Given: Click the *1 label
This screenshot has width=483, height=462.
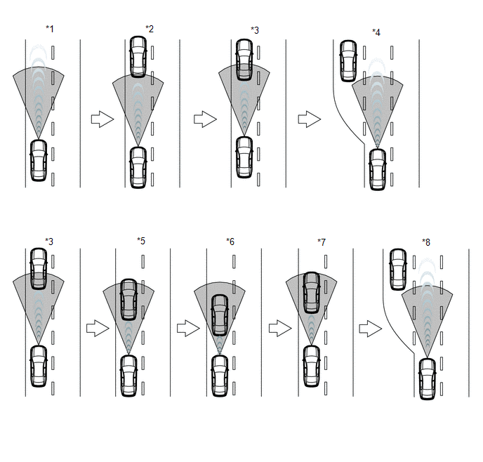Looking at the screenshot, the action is pos(50,29).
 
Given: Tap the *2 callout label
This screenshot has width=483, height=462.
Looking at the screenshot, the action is pos(150,29).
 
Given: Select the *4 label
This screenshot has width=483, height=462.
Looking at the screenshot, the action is pos(376,32).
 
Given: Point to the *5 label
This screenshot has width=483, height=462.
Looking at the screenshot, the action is pos(141,241).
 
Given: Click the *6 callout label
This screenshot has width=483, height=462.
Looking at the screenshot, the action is pos(230,242).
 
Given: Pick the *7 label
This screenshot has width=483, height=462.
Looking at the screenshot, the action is pos(322,242).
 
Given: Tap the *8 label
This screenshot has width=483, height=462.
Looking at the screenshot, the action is pos(426,242).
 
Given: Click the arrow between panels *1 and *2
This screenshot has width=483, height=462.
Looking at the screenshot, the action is pos(102,119).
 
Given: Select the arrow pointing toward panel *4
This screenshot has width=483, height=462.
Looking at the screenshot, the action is pos(310,119).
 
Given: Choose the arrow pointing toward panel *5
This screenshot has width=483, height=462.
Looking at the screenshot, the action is pos(98,329).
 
